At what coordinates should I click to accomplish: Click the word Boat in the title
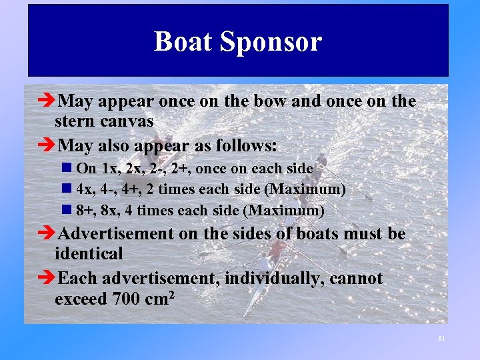(183, 41)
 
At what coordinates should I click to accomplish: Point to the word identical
(89, 253)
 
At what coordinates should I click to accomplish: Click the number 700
(125, 298)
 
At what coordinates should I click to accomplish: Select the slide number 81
(441, 339)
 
